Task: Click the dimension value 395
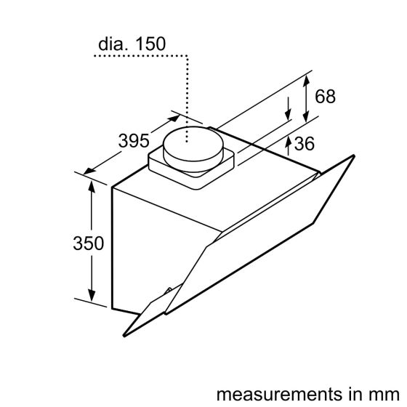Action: coord(134,141)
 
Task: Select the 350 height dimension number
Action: coord(89,243)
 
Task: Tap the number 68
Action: coord(325,96)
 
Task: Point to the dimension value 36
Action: coord(305,144)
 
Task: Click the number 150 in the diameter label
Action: coord(150,44)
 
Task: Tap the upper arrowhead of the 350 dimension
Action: coord(92,186)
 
